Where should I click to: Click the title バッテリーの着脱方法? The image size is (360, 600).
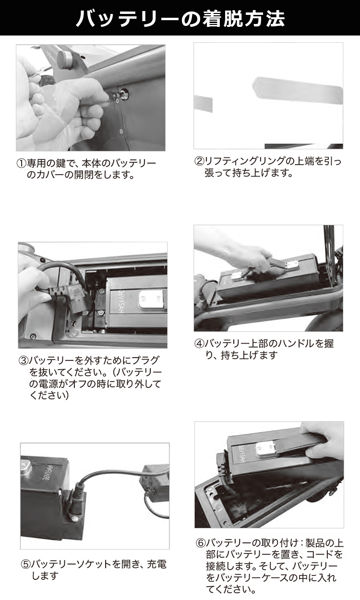pos(180,18)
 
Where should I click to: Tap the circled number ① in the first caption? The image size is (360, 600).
pos(22,163)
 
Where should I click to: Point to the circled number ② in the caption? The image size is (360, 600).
pos(199,161)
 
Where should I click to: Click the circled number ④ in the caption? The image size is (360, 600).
pos(199,343)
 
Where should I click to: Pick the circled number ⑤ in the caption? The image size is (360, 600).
pos(26,564)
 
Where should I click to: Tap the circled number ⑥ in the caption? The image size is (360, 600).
pos(201,543)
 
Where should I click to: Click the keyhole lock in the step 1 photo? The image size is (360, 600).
pos(124,94)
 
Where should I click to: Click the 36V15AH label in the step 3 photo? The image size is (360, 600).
pos(120,301)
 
